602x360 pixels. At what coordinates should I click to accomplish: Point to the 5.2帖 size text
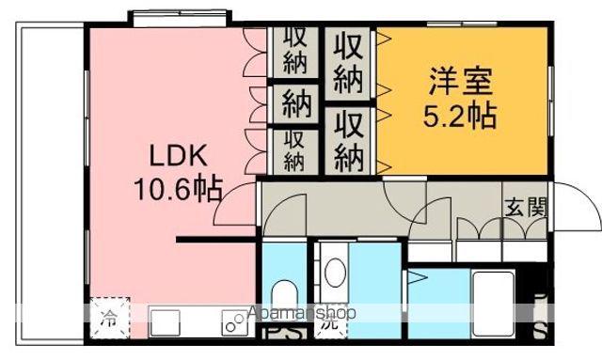pos(458,117)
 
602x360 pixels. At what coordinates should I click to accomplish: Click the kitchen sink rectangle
pos(166,322)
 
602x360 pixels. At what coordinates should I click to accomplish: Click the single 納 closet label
pos(294,102)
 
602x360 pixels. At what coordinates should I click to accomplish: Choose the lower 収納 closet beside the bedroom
pos(348,137)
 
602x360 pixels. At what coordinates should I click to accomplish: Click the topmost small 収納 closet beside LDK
pos(294,52)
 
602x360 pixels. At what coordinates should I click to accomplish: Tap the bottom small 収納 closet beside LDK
pos(294,150)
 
